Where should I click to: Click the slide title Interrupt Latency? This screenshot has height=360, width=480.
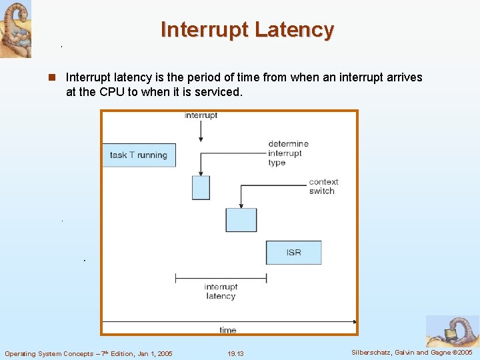pyautogui.click(x=247, y=30)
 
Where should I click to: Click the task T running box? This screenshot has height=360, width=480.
pyautogui.click(x=139, y=155)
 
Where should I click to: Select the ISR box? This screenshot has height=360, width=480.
pyautogui.click(x=293, y=253)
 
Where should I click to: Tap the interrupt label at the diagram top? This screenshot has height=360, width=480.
pyautogui.click(x=201, y=115)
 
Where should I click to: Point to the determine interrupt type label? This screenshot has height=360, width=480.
pyautogui.click(x=288, y=153)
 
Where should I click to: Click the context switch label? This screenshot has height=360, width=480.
pyautogui.click(x=323, y=186)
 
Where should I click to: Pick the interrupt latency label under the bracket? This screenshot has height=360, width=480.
pyautogui.click(x=221, y=291)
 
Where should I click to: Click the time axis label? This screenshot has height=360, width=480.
pyautogui.click(x=227, y=330)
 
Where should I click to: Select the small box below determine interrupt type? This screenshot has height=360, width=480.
pyautogui.click(x=201, y=187)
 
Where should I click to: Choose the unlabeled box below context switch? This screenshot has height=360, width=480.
pyautogui.click(x=241, y=220)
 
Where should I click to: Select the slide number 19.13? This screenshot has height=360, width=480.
pyautogui.click(x=235, y=353)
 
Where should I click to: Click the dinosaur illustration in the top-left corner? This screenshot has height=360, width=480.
pyautogui.click(x=15, y=29)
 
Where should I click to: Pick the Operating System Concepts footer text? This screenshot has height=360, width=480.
pyautogui.click(x=88, y=353)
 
